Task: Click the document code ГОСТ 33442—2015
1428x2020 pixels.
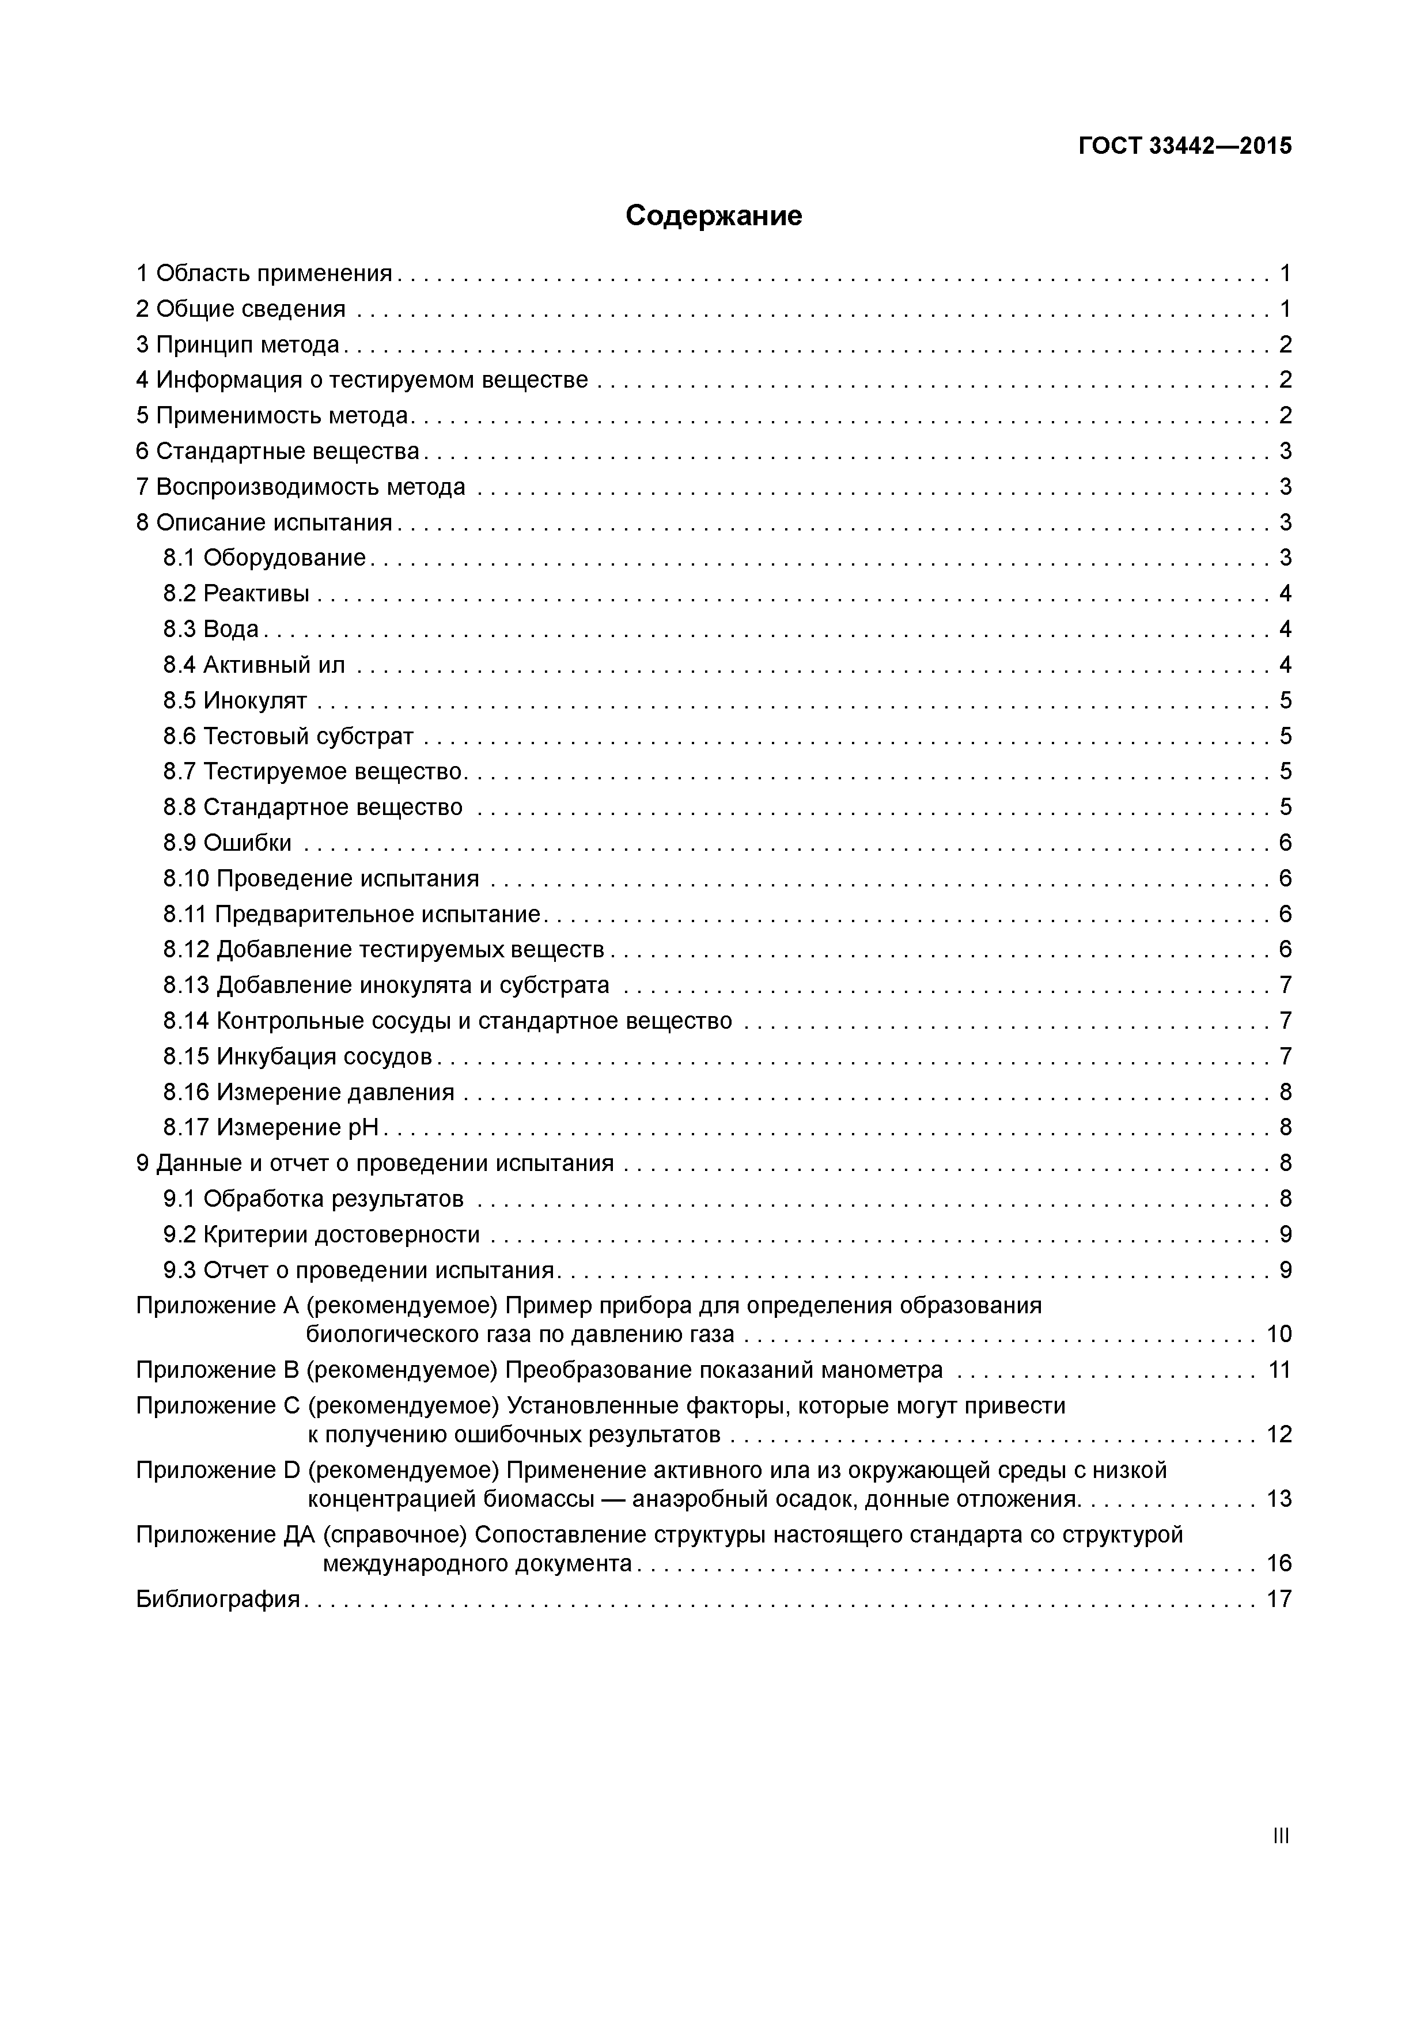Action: (1184, 146)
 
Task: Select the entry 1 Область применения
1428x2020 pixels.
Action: (264, 274)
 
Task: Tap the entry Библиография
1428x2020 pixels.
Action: (218, 1598)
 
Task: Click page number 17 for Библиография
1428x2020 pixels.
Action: (1278, 1598)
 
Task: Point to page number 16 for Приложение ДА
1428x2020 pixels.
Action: (1278, 1563)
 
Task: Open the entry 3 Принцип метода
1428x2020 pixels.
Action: (237, 345)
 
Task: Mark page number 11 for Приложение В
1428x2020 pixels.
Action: (1278, 1370)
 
